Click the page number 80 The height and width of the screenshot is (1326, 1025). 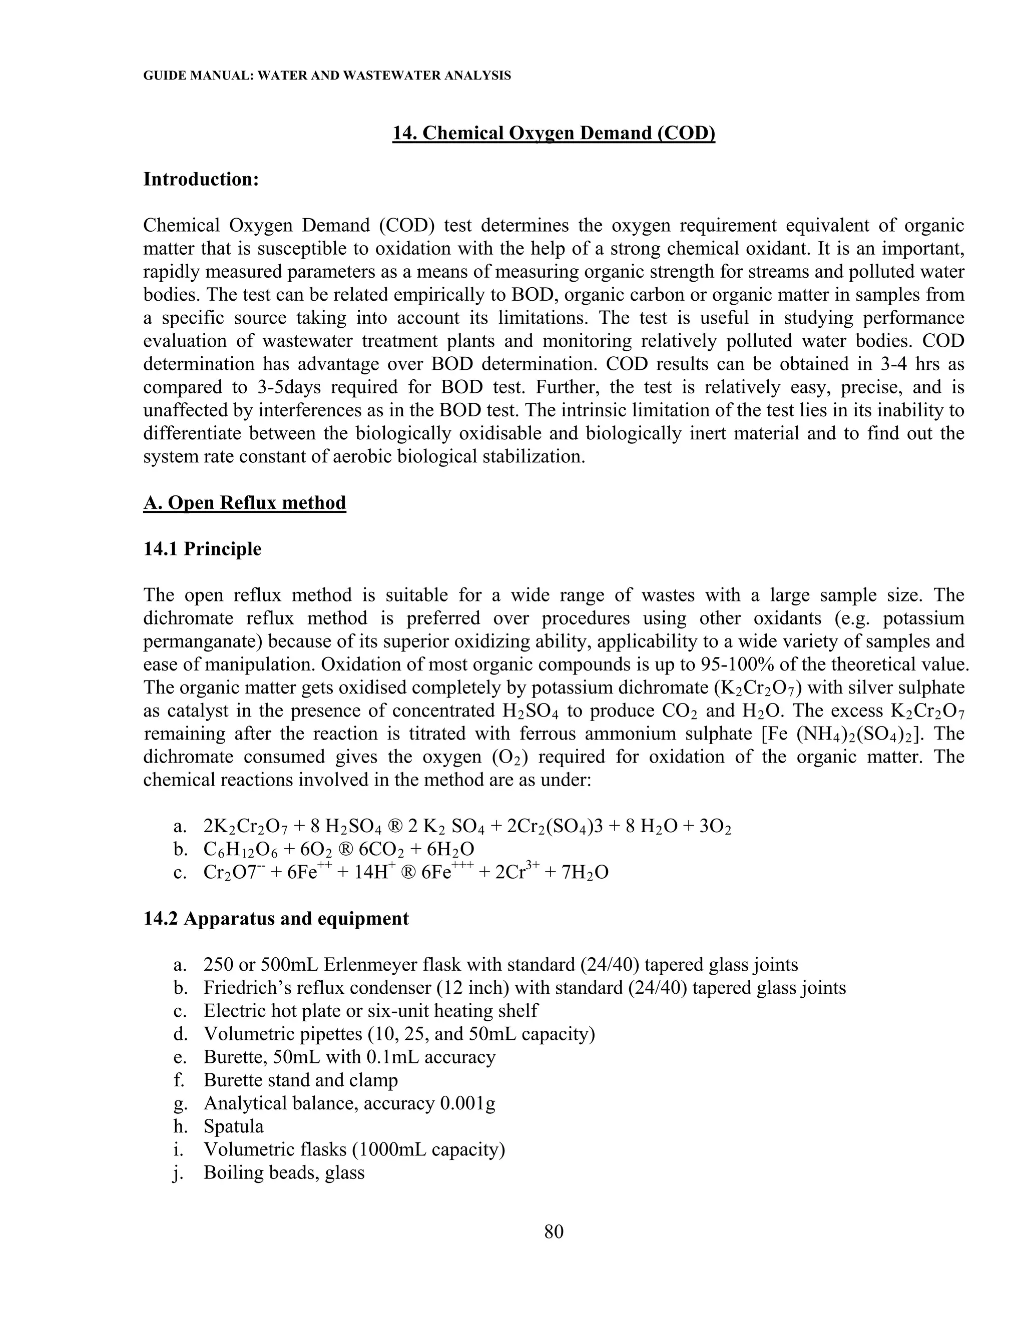(x=554, y=1231)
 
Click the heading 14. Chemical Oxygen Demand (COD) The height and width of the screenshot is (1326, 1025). (x=554, y=133)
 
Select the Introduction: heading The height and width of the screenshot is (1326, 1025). (x=201, y=179)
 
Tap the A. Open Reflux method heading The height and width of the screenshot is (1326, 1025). (x=245, y=503)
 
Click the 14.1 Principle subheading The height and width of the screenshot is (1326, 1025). (x=202, y=549)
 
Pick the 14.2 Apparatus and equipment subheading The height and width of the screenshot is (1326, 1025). (x=276, y=919)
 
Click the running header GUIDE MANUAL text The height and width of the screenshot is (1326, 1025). (x=327, y=76)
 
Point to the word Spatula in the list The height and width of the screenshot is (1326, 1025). (x=234, y=1126)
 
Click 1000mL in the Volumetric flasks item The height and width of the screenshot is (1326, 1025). (x=389, y=1149)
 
